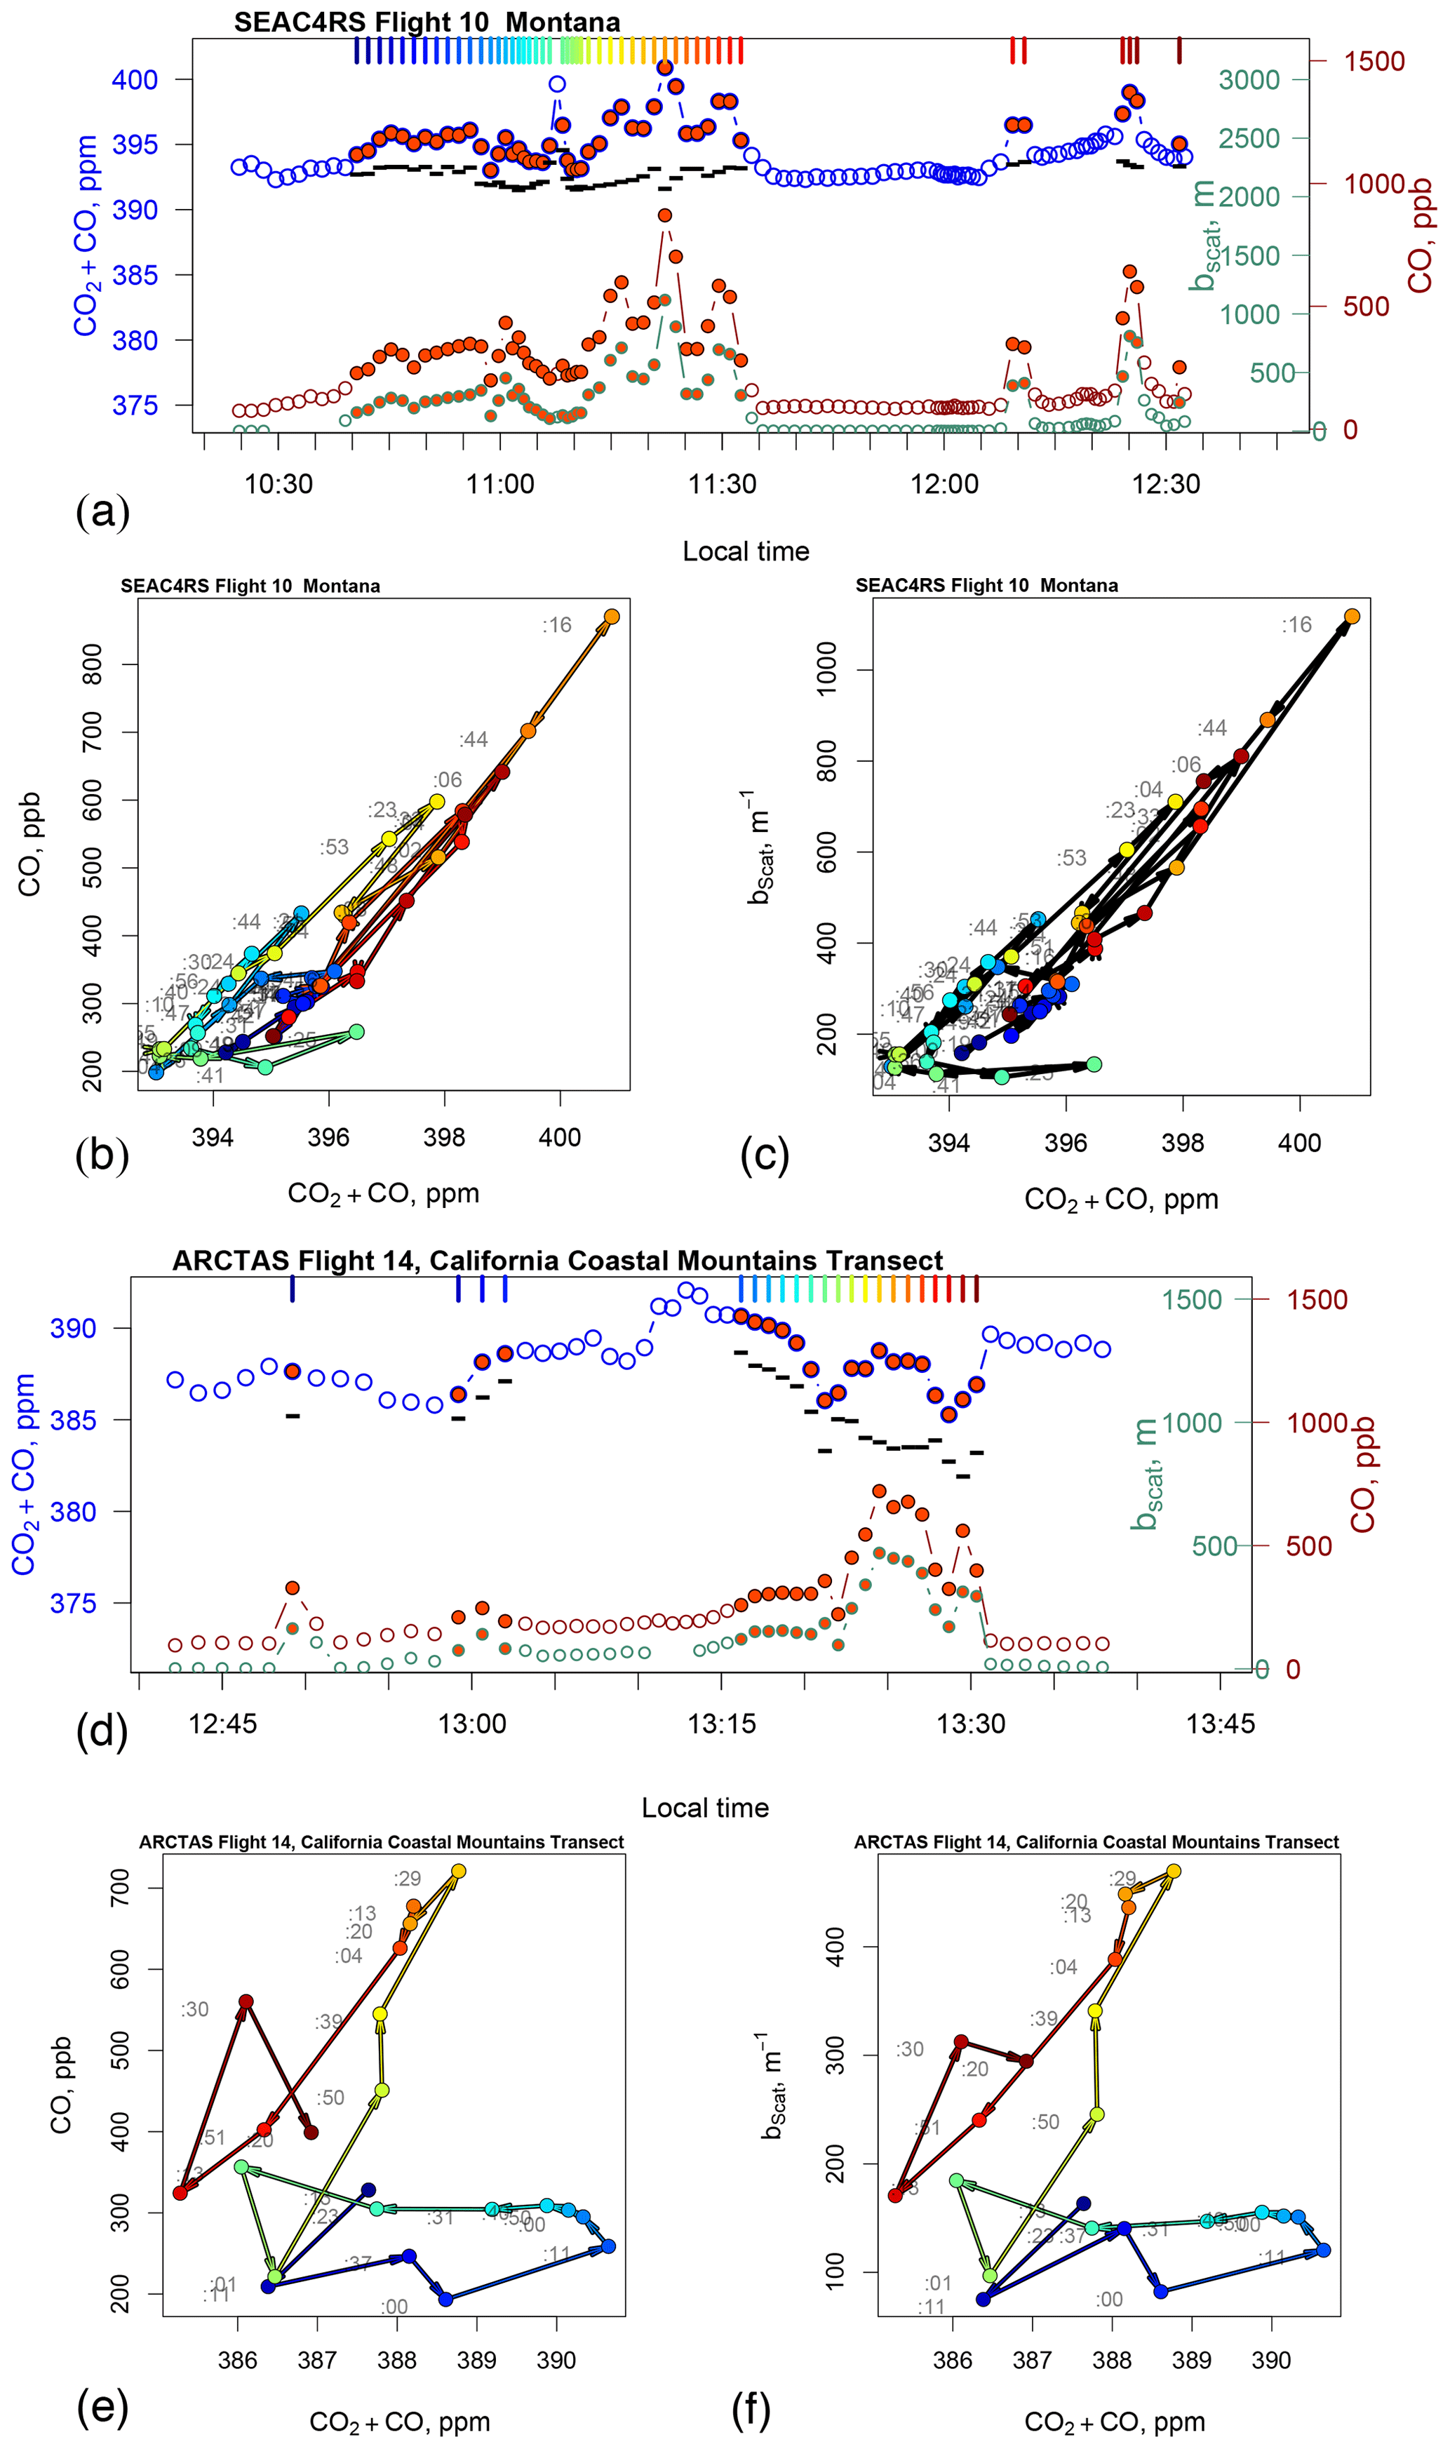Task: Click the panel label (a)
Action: (x=102, y=511)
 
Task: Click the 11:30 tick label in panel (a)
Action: (x=722, y=483)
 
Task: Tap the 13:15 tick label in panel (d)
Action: (x=721, y=1723)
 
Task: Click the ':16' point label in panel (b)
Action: (x=557, y=625)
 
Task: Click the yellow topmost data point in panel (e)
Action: (x=458, y=1872)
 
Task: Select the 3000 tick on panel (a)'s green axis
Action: (x=1249, y=80)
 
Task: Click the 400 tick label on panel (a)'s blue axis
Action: (x=135, y=80)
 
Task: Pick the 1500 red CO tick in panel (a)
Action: (x=1374, y=62)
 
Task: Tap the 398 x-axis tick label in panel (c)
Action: (x=1182, y=1143)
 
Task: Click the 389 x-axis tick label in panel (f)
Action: (x=1191, y=2360)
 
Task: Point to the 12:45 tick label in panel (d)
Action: (x=223, y=1723)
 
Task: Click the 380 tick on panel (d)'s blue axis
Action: (x=73, y=1511)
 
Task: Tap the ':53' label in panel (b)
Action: (x=334, y=847)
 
